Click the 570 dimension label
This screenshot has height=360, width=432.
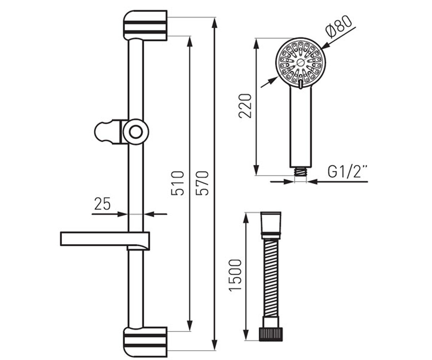pyautogui.click(x=202, y=183)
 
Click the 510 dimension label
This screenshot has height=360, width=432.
pyautogui.click(x=177, y=183)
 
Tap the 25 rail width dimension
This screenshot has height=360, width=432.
pyautogui.click(x=102, y=204)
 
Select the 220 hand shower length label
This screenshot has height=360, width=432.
pyautogui.click(x=245, y=106)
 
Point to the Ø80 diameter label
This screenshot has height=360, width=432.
pyautogui.click(x=338, y=27)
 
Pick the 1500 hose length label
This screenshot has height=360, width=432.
pyautogui.click(x=235, y=275)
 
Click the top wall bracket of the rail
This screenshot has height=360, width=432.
pyautogui.click(x=145, y=25)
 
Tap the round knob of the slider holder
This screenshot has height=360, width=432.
pyautogui.click(x=136, y=132)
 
